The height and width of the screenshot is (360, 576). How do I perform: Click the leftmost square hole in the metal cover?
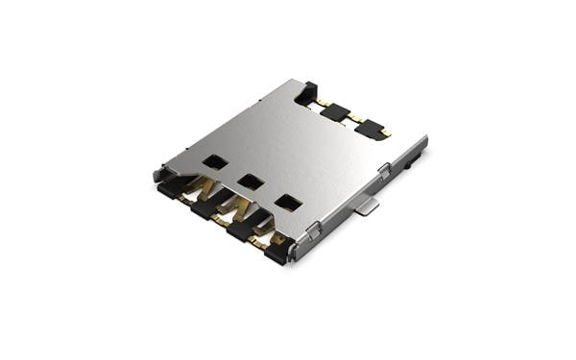[216, 162]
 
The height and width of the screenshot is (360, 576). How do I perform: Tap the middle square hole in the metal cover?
[252, 180]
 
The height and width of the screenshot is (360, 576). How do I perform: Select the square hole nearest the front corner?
[286, 202]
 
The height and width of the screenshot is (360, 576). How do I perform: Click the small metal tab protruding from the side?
[364, 206]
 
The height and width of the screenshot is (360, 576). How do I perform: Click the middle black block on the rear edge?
[335, 111]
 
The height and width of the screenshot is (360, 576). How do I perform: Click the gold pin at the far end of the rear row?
[385, 132]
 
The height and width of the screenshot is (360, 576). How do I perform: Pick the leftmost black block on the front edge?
[169, 190]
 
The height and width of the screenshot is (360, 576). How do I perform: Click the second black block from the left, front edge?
[204, 208]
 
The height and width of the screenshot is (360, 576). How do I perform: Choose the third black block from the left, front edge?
[238, 229]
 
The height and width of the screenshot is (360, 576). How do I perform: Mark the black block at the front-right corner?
[276, 253]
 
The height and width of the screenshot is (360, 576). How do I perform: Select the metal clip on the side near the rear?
[384, 171]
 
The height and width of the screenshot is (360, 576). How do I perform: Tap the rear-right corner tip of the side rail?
[424, 140]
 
